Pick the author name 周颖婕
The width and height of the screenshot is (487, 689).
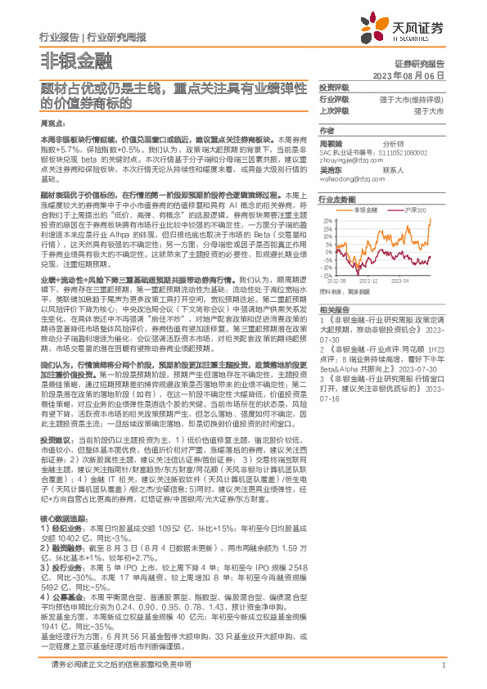click(331, 142)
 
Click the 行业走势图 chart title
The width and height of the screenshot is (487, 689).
click(337, 199)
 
